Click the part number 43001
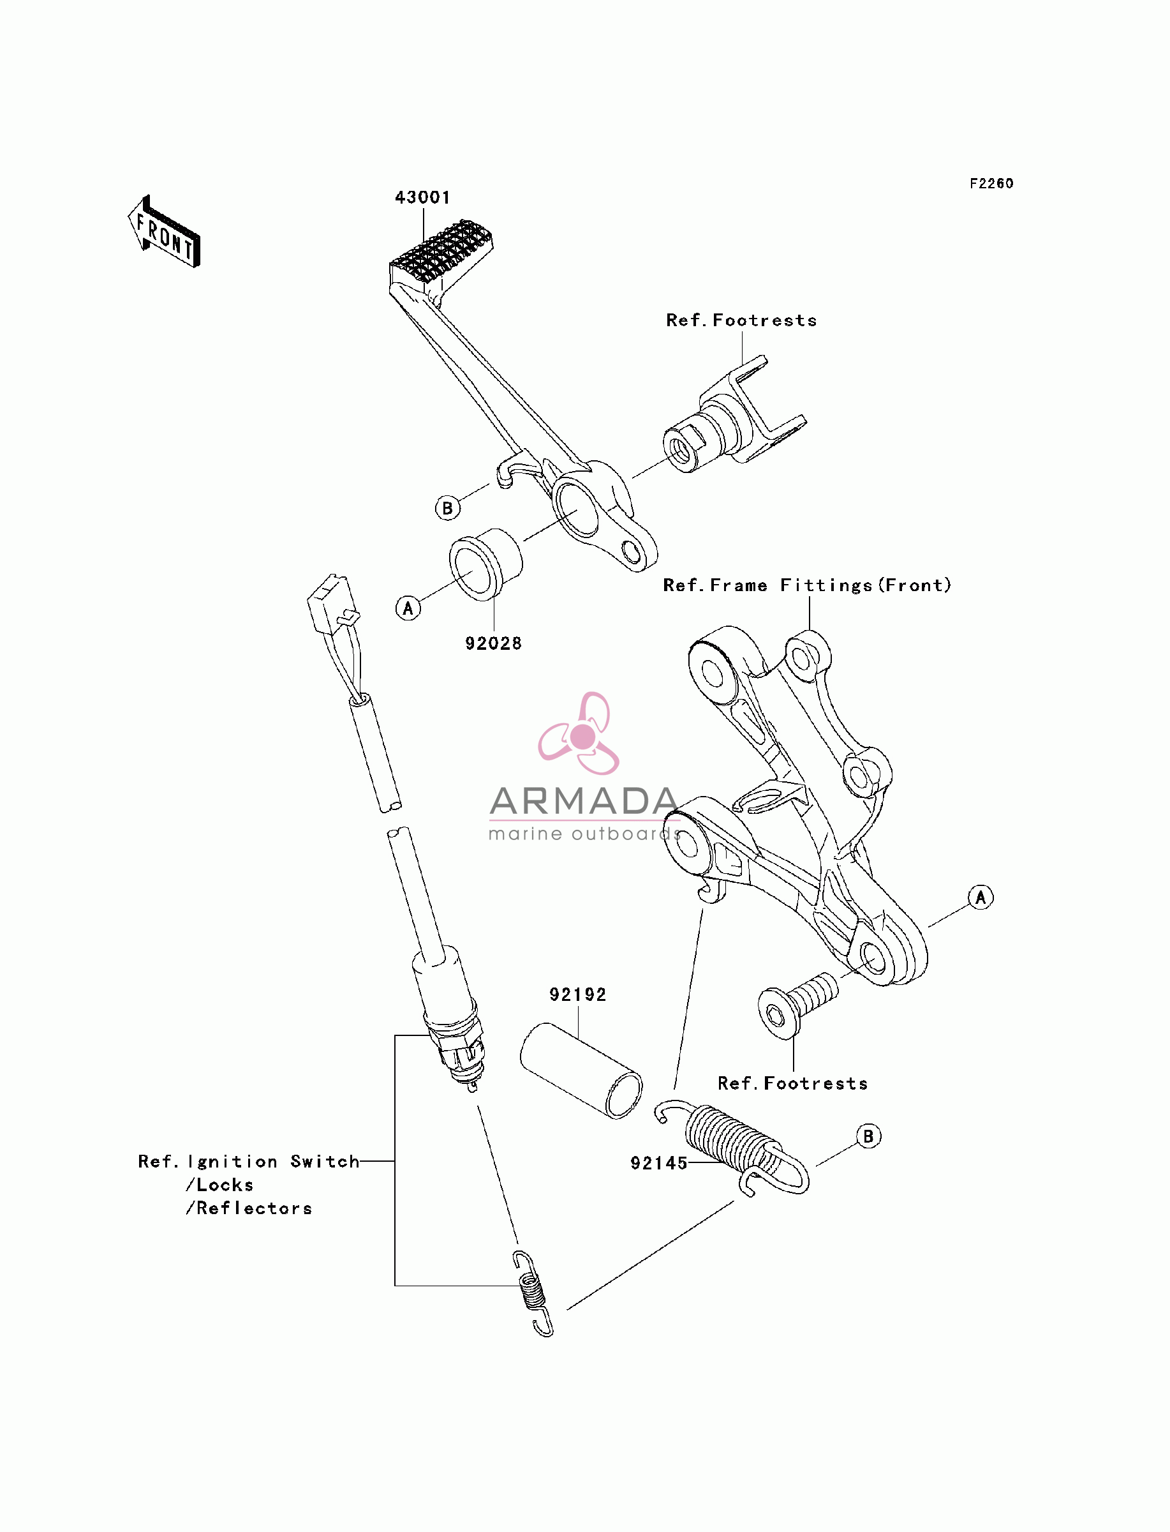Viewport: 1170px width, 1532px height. pos(422,197)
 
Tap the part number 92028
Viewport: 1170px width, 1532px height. pos(493,643)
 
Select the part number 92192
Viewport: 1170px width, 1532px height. pos(577,994)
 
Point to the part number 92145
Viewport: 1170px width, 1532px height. pos(659,1163)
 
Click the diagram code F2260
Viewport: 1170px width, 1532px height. pos(992,183)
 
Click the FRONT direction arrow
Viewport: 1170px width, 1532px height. pos(165,232)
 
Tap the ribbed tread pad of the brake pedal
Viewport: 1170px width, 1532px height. pos(442,255)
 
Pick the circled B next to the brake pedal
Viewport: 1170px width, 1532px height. pos(448,508)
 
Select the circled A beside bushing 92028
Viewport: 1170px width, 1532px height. pos(408,608)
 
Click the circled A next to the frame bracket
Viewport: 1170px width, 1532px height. pos(981,897)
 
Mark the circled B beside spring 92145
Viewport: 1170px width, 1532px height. pos(868,1136)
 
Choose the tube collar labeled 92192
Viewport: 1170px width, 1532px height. pos(581,1070)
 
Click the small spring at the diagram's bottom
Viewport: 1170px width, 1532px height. pos(533,1293)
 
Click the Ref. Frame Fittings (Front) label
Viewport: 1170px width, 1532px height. pos(807,585)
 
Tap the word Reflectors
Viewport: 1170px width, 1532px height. pos(254,1208)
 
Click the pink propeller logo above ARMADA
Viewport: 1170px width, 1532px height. pos(579,733)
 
